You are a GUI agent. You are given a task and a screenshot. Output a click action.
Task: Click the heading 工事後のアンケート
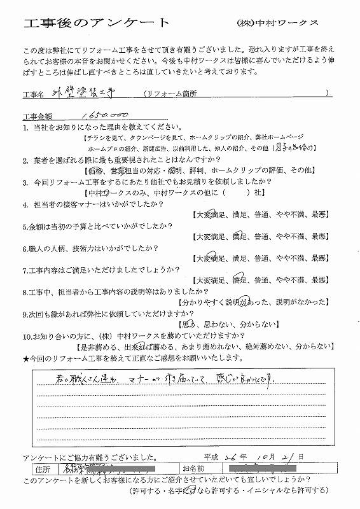(x=96, y=24)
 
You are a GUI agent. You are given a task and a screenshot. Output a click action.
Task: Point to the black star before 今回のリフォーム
(x=25, y=359)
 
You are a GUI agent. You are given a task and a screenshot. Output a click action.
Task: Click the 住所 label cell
(x=41, y=468)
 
